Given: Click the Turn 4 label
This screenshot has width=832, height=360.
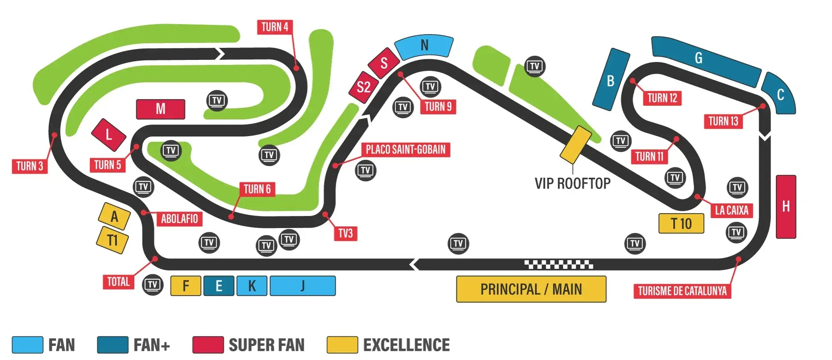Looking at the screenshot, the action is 275,27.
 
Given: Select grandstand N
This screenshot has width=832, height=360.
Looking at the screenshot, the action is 424,45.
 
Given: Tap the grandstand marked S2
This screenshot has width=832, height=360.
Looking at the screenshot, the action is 364,87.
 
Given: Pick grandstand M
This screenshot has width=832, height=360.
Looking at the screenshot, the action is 161,109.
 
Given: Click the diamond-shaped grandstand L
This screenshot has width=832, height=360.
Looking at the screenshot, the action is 109,134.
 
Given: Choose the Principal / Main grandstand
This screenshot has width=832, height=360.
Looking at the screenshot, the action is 531,289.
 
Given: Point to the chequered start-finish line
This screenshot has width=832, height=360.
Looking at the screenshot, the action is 559,264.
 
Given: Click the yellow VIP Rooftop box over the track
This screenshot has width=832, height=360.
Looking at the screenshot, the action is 576,144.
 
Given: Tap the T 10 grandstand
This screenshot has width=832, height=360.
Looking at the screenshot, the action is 681,223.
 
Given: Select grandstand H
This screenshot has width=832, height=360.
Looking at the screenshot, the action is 786,206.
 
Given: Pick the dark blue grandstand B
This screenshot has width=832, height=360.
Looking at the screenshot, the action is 611,79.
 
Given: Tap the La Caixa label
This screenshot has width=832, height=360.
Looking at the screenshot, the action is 731,210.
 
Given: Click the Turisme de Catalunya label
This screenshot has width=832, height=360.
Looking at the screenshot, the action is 682,291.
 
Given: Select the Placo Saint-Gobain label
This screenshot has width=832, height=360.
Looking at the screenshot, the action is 406,149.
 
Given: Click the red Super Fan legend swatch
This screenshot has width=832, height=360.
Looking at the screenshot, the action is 208,345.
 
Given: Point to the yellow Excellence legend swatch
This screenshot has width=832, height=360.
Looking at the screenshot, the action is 342,345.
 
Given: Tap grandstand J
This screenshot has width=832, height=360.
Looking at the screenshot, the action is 303,286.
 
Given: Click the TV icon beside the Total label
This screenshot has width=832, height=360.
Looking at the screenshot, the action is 153,285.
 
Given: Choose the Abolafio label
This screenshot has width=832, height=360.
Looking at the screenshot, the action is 179,218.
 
